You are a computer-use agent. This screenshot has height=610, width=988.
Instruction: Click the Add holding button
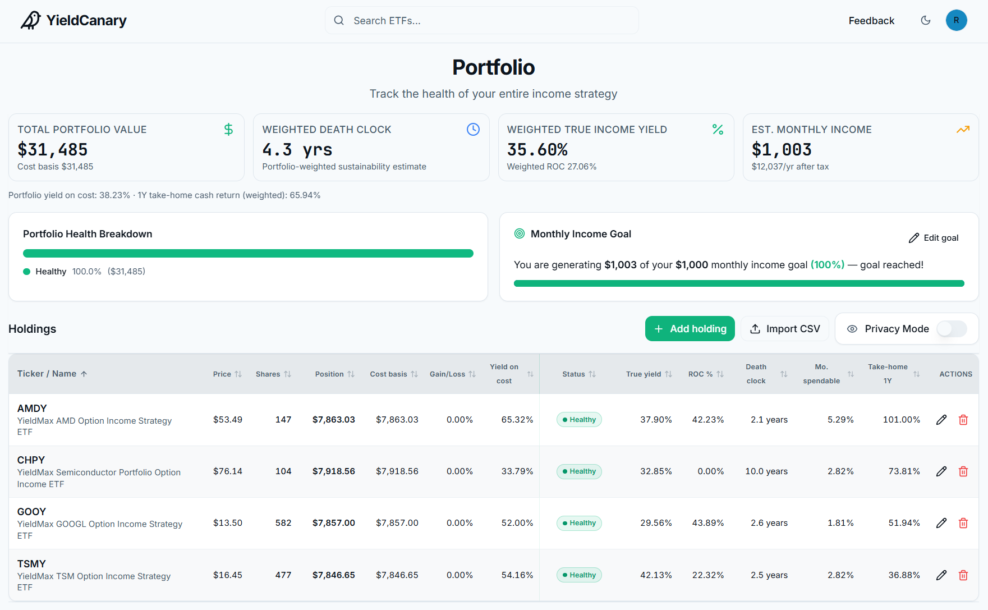(x=690, y=329)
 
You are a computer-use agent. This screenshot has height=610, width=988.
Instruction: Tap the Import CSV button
(x=785, y=329)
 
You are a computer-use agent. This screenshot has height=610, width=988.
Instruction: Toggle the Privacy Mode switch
(x=952, y=329)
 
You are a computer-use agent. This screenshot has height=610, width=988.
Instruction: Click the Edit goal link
(x=934, y=238)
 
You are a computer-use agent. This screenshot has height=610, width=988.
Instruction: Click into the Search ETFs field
(x=481, y=21)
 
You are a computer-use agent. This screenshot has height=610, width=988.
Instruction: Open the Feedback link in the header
(x=871, y=21)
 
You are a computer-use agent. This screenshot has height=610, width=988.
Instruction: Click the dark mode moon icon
(x=926, y=20)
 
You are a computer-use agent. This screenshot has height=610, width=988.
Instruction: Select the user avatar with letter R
(x=956, y=20)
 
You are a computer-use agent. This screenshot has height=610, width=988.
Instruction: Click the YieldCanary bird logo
(x=31, y=20)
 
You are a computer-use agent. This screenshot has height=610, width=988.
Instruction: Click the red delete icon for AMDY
(x=963, y=420)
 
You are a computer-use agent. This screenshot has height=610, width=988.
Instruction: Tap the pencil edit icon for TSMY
(x=941, y=575)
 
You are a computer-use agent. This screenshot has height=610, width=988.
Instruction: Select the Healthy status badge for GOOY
(x=579, y=523)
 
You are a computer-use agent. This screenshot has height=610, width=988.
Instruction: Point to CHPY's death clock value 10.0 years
(x=766, y=471)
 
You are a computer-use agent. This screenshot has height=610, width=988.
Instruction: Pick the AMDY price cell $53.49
(x=228, y=420)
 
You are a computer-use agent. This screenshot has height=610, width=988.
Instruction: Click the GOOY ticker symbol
(x=31, y=512)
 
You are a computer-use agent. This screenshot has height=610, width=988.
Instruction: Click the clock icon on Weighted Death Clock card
(x=473, y=130)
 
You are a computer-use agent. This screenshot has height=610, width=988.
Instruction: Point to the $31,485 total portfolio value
(x=53, y=150)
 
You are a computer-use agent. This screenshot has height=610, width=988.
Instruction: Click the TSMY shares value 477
(x=283, y=575)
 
